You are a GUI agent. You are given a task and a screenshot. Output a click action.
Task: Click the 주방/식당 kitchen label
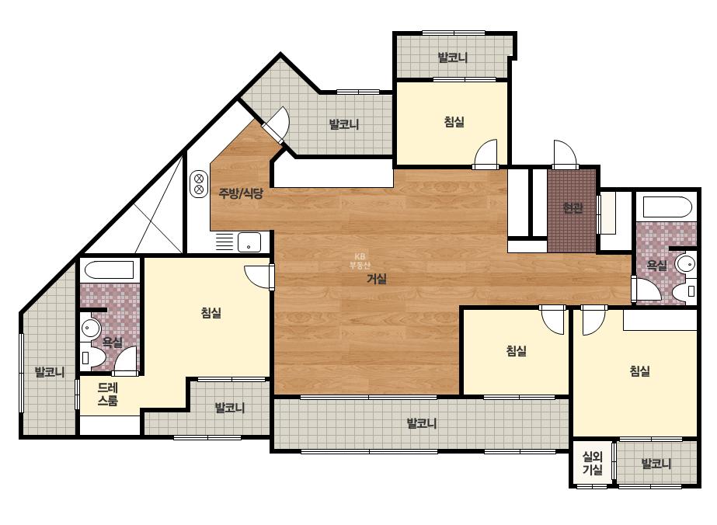pyautogui.click(x=241, y=193)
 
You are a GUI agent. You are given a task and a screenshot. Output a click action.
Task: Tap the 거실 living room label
pyautogui.click(x=376, y=279)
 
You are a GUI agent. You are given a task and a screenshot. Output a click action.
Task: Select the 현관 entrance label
pyautogui.click(x=573, y=208)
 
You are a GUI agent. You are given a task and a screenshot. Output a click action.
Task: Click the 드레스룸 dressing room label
pyautogui.click(x=108, y=395)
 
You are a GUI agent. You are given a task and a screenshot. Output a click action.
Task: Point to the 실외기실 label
pyautogui.click(x=592, y=463)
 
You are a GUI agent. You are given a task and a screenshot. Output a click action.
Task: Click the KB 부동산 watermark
pyautogui.click(x=360, y=261)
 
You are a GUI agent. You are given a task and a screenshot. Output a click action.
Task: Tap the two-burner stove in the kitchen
pyautogui.click(x=200, y=183)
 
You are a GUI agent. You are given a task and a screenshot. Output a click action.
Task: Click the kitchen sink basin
pyautogui.click(x=249, y=242)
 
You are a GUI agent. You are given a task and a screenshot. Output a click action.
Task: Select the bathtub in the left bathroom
pyautogui.click(x=110, y=270)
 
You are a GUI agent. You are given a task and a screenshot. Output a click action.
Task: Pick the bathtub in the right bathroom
pyautogui.click(x=667, y=207)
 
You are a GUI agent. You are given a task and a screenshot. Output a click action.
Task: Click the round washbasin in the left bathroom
pyautogui.click(x=91, y=328)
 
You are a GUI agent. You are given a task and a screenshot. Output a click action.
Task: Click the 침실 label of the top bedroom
pyautogui.click(x=454, y=122)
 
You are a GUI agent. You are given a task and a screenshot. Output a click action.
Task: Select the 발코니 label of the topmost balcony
pyautogui.click(x=452, y=57)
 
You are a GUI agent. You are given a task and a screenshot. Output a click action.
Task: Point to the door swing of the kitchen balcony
pyautogui.click(x=277, y=124)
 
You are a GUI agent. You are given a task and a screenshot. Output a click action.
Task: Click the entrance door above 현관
pyautogui.click(x=566, y=154)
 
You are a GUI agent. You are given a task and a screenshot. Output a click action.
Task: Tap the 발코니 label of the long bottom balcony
pyautogui.click(x=422, y=423)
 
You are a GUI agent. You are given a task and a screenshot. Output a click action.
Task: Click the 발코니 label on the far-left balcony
pyautogui.click(x=50, y=372)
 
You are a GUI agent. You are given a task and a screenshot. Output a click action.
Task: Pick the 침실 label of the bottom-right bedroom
pyautogui.click(x=639, y=371)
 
